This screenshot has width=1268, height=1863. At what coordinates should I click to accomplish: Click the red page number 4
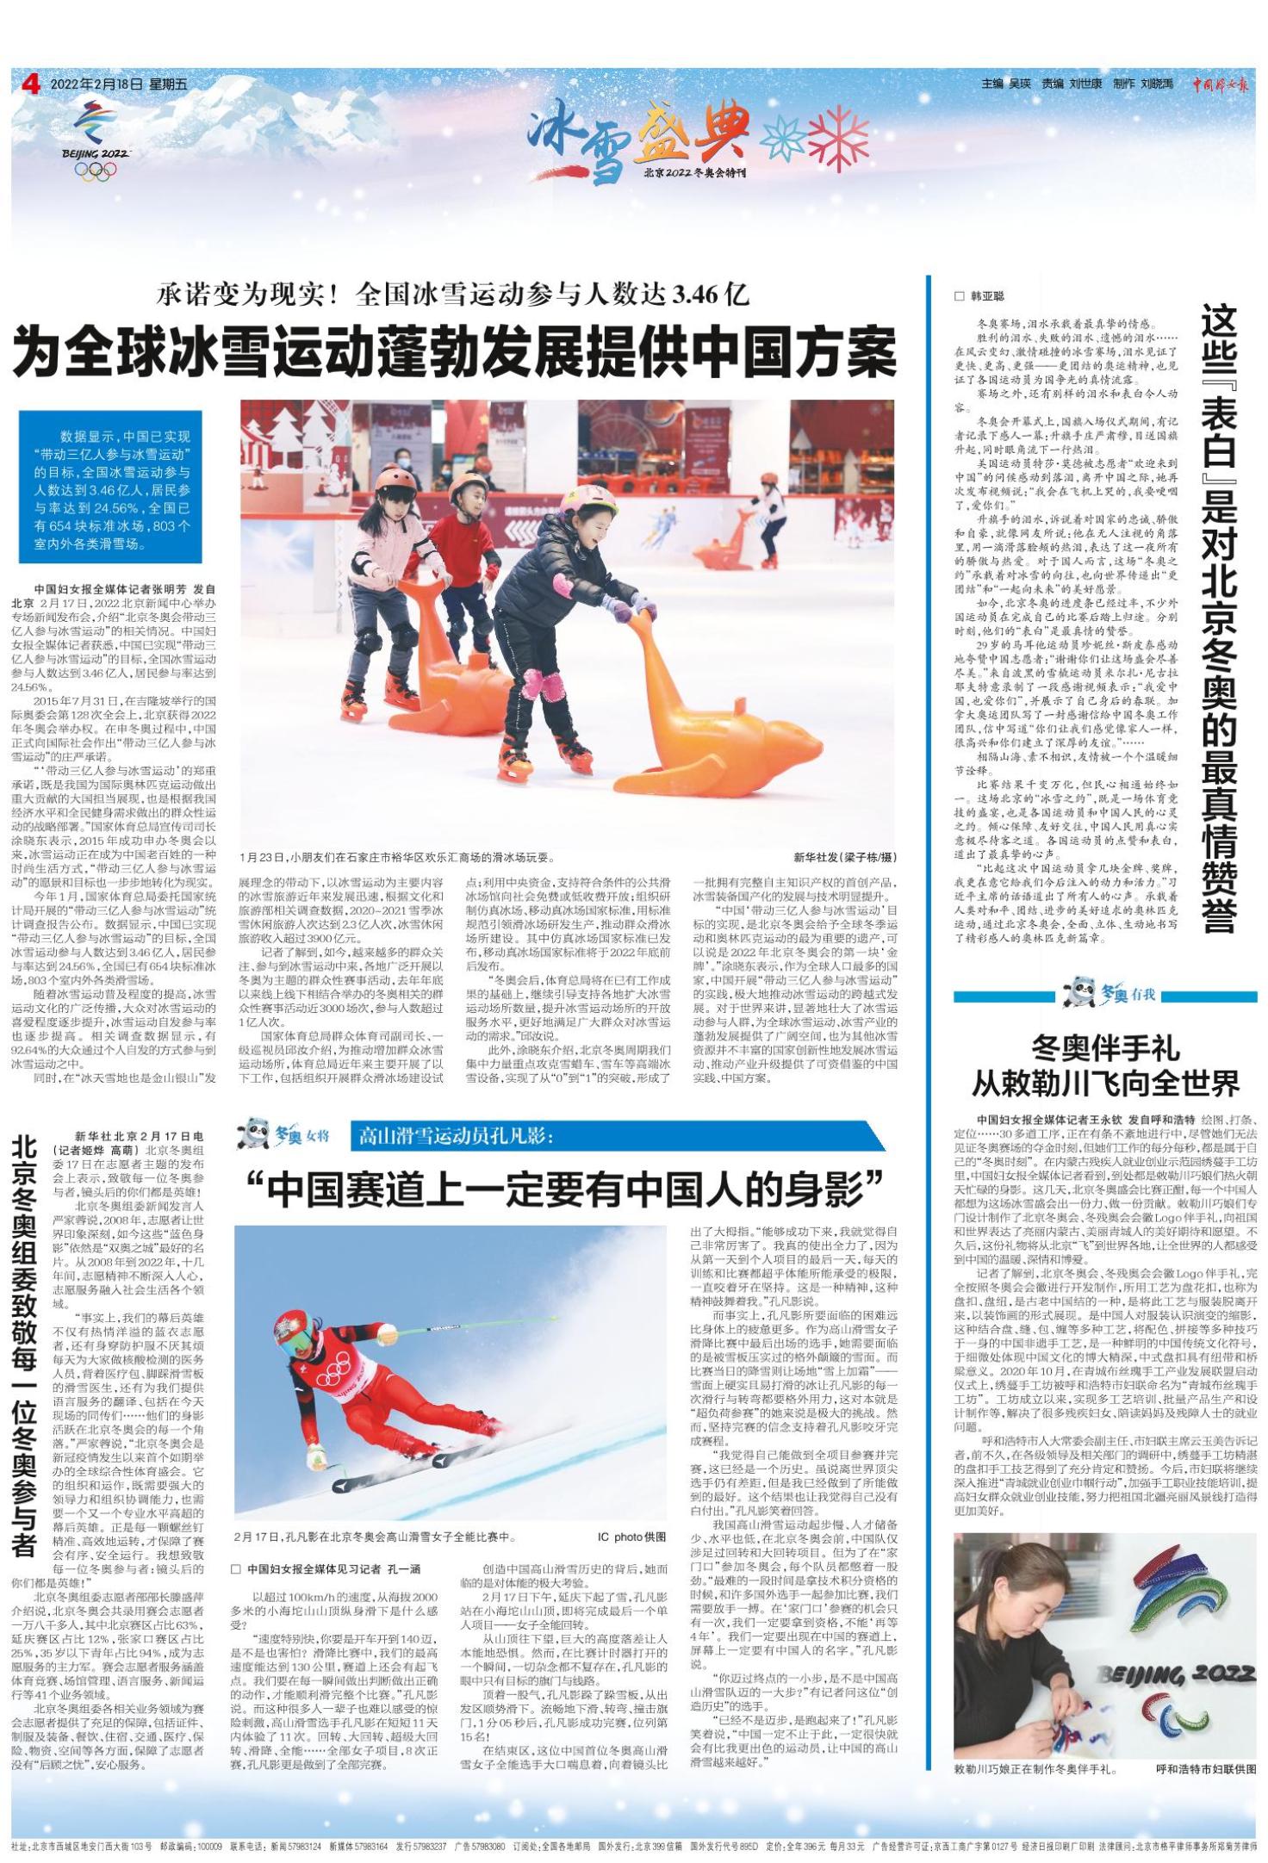coord(32,84)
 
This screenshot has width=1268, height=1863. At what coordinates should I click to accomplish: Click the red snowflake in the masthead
coord(838,136)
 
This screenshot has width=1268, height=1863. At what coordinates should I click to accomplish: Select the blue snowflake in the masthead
coord(784,136)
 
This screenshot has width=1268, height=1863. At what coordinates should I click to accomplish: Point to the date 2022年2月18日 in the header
coord(96,84)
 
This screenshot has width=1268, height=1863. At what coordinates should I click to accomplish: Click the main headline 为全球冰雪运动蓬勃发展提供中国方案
coord(455,352)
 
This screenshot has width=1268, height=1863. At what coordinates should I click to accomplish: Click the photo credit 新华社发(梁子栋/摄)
coord(846,858)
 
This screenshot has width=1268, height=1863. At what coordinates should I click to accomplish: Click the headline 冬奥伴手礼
coord(1105,1049)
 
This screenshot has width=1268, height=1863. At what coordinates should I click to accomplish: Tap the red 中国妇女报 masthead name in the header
coord(1221,84)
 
